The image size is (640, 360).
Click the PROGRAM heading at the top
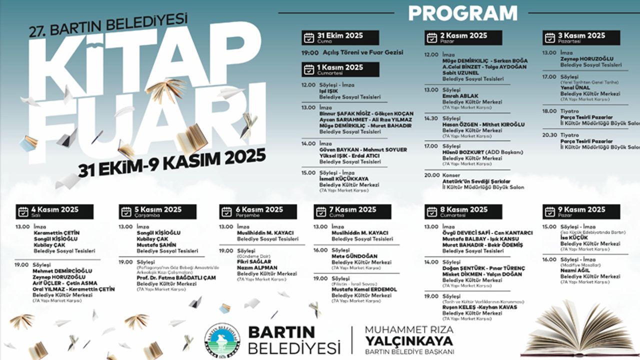click(462, 13)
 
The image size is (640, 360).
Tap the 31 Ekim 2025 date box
click(340, 37)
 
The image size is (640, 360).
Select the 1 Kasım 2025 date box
click(340, 69)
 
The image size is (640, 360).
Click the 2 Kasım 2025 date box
click(463, 37)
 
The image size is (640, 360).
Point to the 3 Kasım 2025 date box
click(581, 37)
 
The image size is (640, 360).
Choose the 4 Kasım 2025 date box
click(54, 211)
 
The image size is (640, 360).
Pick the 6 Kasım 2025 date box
click(258, 211)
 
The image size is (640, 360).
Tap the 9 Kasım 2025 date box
click(581, 211)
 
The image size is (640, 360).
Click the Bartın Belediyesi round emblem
click(222, 340)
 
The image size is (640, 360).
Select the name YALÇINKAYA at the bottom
click(409, 341)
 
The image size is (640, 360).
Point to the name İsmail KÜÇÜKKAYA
click(344, 178)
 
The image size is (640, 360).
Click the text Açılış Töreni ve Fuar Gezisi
click(359, 52)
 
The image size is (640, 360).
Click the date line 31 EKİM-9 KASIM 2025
click(172, 163)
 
